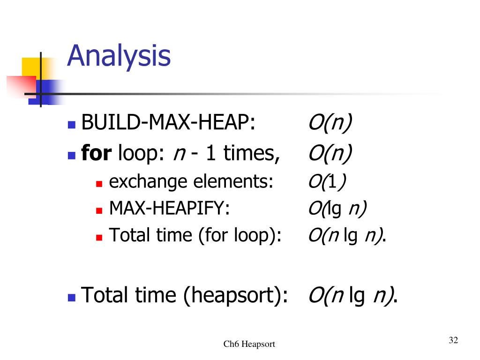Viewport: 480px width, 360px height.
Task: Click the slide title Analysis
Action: click(x=119, y=57)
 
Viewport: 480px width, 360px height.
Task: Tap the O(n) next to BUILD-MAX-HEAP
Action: click(x=330, y=123)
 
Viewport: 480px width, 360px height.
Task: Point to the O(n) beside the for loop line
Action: click(x=330, y=153)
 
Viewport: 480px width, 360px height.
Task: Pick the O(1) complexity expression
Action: click(x=327, y=181)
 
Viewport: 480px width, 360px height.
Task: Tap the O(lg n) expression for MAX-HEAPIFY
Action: click(x=337, y=209)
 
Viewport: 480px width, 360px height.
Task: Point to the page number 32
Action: click(x=453, y=340)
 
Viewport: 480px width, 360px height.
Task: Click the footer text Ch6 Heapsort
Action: click(x=249, y=344)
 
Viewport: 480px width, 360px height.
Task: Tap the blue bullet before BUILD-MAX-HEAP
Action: click(x=72, y=125)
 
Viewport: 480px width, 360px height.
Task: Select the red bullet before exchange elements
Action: click(x=99, y=184)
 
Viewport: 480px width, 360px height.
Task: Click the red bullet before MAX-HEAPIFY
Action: click(x=99, y=210)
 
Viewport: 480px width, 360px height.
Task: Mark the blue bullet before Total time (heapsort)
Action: click(x=72, y=298)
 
